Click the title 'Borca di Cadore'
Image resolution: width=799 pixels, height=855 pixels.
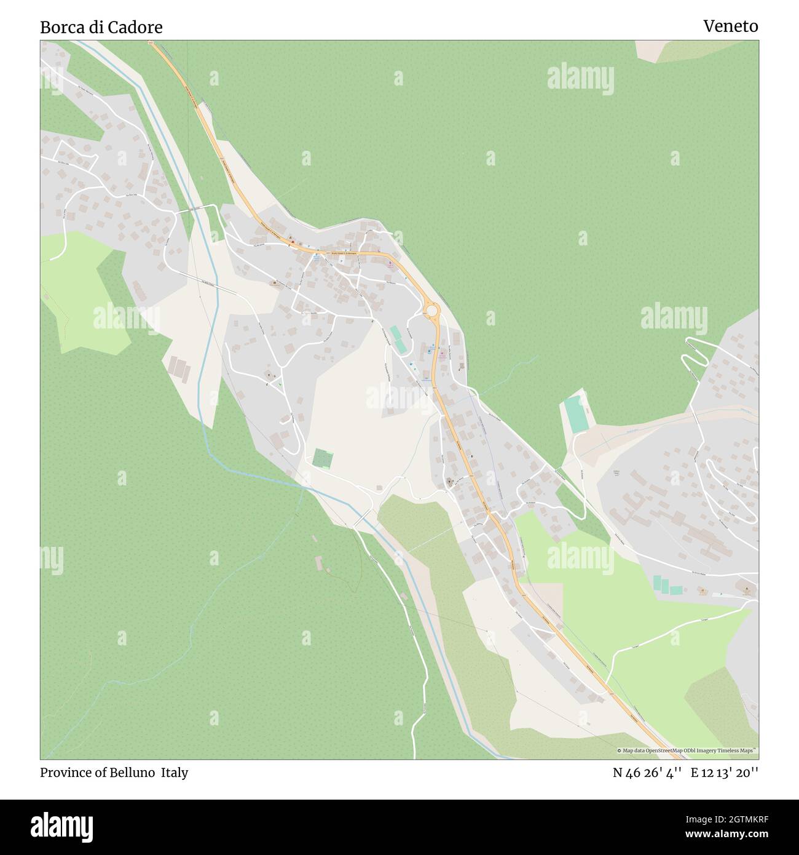pyautogui.click(x=101, y=27)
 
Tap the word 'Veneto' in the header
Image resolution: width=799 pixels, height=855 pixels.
pyautogui.click(x=730, y=26)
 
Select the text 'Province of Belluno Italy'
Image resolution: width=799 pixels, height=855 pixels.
pyautogui.click(x=114, y=773)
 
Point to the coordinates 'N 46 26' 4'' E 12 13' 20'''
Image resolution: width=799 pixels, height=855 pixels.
pyautogui.click(x=685, y=773)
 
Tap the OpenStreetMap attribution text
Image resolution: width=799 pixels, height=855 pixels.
pyautogui.click(x=687, y=750)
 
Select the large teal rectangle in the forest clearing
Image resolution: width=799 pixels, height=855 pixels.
pyautogui.click(x=576, y=413)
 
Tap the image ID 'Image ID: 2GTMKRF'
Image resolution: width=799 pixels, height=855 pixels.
pyautogui.click(x=725, y=819)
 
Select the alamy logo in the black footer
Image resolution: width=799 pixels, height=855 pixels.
pyautogui.click(x=62, y=825)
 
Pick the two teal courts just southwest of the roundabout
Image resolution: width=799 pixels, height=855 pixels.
pyautogui.click(x=397, y=340)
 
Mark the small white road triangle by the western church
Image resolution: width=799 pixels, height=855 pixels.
pyautogui.click(x=272, y=381)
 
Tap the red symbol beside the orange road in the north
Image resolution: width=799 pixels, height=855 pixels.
pyautogui.click(x=293, y=242)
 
